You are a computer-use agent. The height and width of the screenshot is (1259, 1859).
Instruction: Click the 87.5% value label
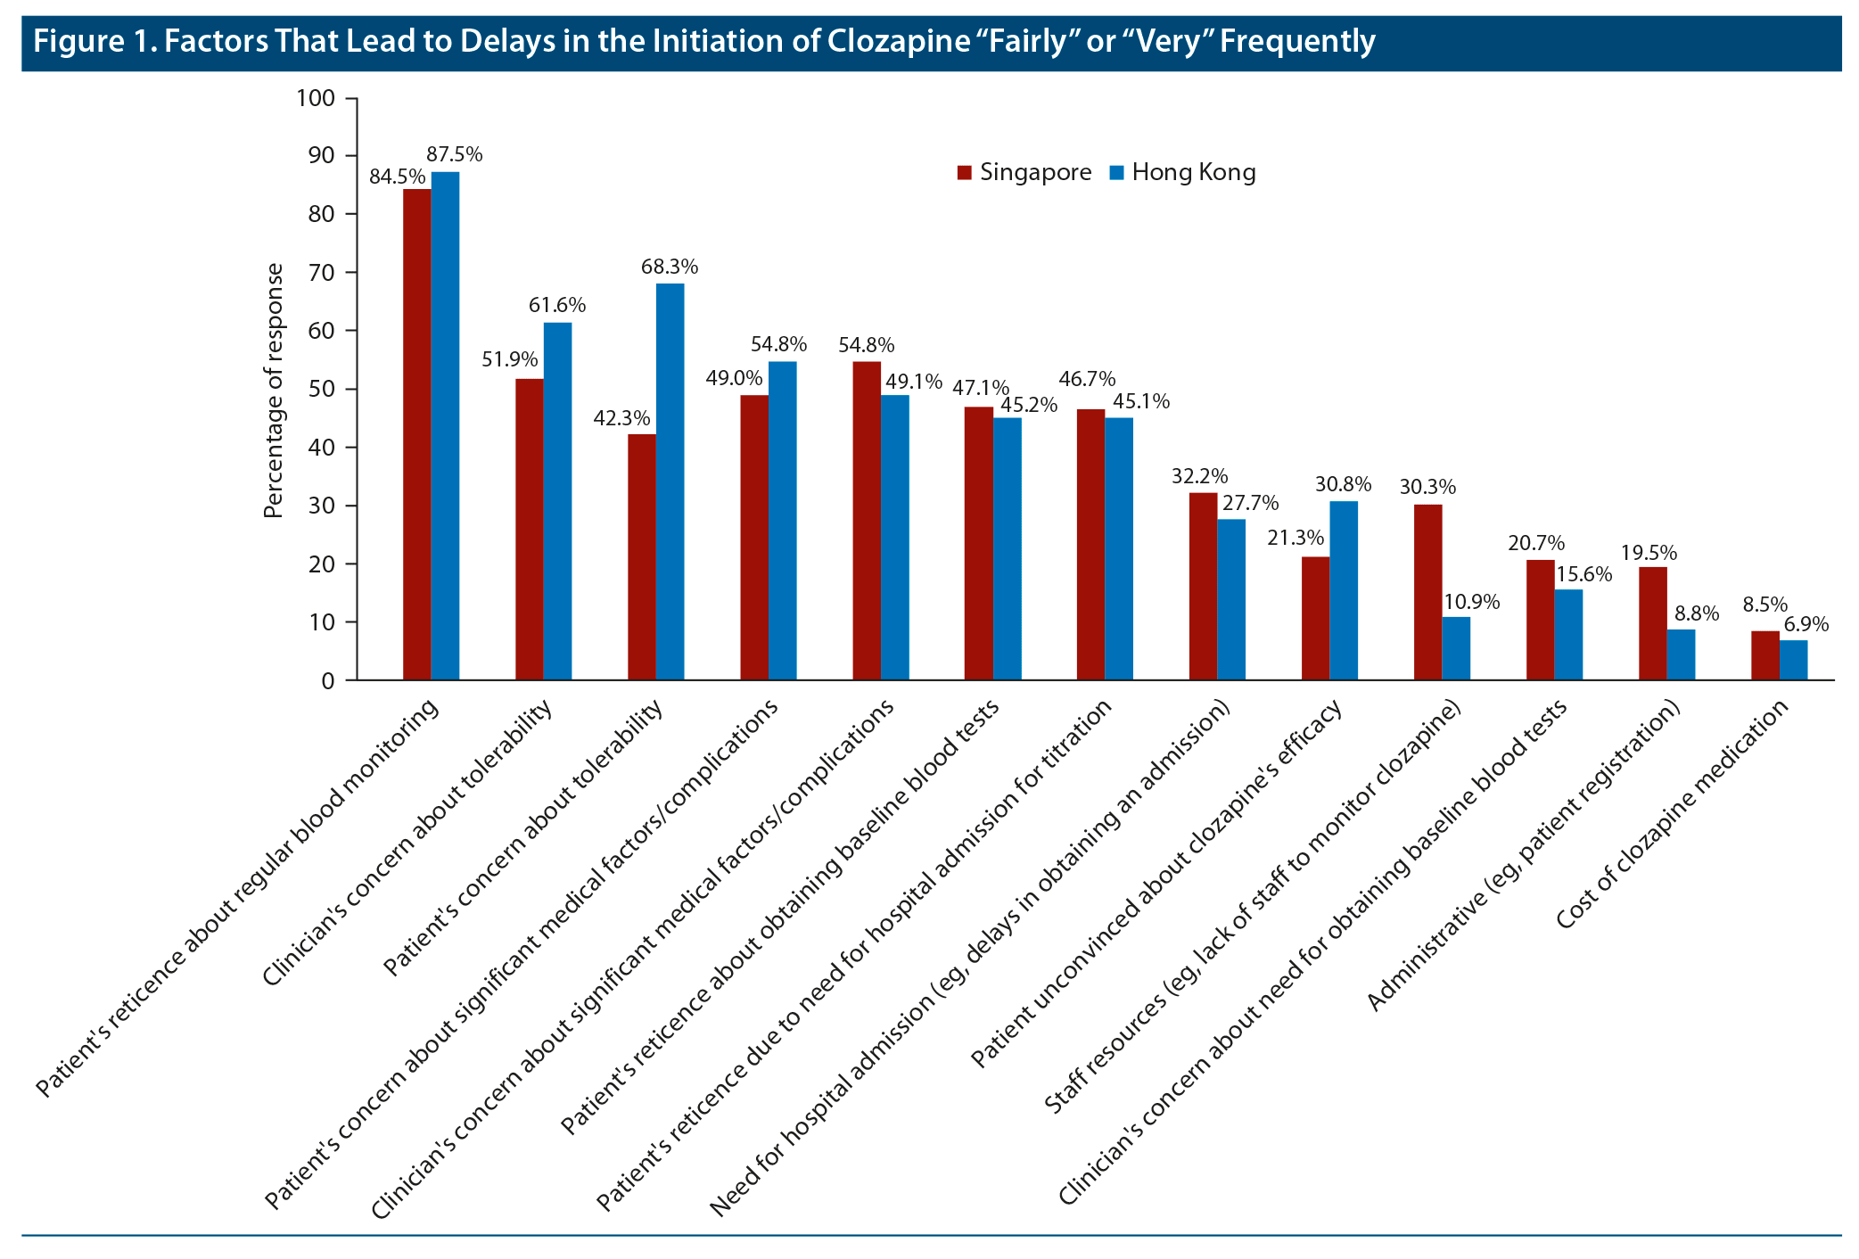[454, 154]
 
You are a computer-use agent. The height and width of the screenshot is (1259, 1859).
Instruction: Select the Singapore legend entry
[1024, 172]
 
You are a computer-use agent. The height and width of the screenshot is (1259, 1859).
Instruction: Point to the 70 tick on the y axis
[323, 273]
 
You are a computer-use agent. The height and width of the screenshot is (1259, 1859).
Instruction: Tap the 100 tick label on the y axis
[316, 98]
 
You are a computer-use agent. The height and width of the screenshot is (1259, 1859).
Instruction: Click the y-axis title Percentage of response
[274, 391]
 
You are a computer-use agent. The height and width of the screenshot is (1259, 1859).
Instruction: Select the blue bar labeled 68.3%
[670, 481]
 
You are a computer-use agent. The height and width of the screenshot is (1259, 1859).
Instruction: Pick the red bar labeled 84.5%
[416, 434]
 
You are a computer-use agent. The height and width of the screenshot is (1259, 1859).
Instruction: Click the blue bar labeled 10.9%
[1456, 648]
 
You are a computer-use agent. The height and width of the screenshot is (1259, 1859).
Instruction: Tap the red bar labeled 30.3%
[1427, 592]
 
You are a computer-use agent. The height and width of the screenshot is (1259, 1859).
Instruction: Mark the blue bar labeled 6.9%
[1793, 660]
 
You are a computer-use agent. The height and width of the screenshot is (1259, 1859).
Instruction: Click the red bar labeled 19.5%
[1652, 623]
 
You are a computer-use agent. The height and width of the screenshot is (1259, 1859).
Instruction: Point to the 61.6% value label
[557, 305]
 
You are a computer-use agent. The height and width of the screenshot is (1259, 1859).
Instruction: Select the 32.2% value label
[1199, 476]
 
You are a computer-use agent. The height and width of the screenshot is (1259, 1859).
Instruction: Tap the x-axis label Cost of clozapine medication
[1672, 813]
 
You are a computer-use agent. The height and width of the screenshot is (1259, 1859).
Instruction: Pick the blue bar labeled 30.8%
[1344, 590]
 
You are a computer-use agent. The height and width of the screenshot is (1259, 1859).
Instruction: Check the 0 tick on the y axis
[328, 681]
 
